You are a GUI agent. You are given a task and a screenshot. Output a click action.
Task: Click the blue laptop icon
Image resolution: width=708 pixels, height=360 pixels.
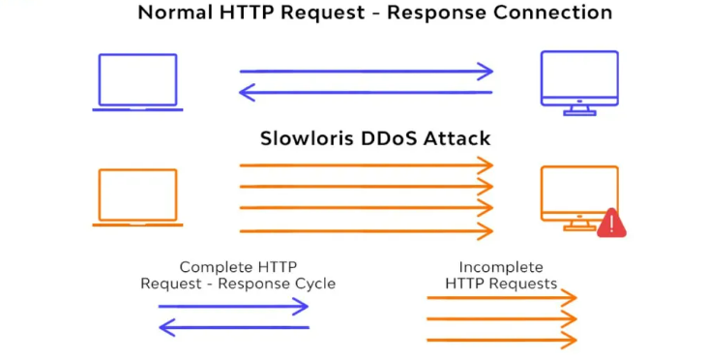137,82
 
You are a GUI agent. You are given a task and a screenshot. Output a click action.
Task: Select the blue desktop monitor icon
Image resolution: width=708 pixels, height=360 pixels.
578,81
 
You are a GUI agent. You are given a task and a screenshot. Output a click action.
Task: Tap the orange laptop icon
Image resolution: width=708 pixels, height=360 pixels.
137,197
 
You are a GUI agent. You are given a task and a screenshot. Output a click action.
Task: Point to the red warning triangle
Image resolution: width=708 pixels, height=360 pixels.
611,224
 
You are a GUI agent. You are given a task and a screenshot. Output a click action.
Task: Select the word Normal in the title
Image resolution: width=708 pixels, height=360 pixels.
174,14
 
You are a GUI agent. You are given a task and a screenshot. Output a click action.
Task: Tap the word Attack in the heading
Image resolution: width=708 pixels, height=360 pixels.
456,138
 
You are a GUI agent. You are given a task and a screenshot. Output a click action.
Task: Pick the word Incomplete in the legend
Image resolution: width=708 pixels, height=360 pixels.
501,267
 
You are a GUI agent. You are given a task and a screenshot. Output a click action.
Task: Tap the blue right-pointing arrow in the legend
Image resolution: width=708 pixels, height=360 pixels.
233,307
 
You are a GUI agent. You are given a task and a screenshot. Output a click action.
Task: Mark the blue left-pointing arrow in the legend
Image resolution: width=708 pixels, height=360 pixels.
233,328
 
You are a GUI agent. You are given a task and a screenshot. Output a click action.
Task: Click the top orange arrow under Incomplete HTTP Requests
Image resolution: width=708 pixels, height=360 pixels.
501,298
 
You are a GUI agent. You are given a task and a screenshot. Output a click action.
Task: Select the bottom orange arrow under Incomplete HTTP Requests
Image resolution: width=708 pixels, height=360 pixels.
501,341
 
